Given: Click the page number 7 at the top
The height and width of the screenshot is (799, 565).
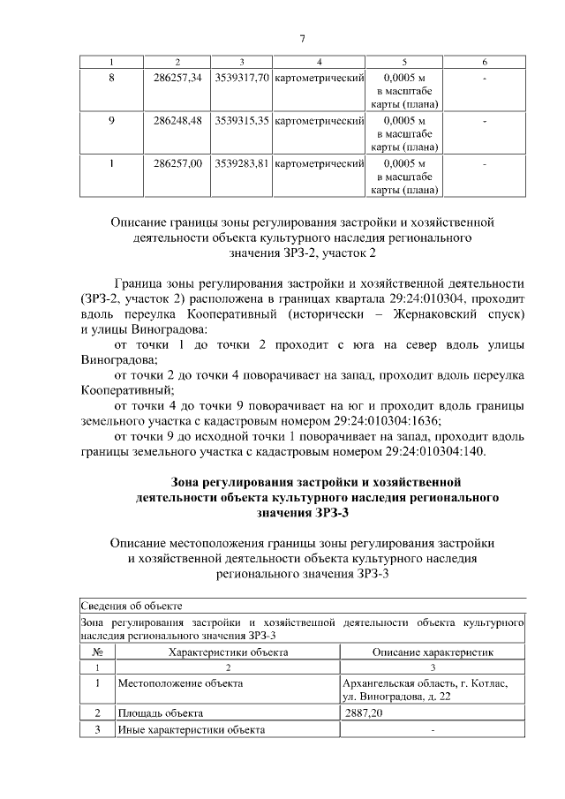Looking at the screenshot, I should [x=302, y=38].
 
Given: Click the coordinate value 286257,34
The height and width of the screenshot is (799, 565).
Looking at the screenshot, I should [x=177, y=78].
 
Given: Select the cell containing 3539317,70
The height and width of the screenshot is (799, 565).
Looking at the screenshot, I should [x=242, y=78].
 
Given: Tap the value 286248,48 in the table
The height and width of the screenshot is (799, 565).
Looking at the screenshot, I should [x=177, y=120].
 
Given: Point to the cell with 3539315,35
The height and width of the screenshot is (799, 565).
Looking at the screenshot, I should [x=242, y=120].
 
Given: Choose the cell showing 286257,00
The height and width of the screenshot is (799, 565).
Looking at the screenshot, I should [x=177, y=163].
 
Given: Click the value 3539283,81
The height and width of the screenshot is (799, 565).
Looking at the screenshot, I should [x=242, y=163].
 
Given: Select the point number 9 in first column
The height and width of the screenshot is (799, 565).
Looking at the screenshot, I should [x=111, y=120].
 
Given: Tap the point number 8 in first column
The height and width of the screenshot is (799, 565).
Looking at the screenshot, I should [x=111, y=78].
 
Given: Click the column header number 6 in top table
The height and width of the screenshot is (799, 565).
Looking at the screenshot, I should [x=485, y=62].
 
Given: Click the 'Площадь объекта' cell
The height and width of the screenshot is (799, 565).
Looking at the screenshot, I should [x=160, y=712].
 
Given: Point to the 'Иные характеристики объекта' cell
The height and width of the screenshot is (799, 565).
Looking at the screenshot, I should [x=191, y=729].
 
